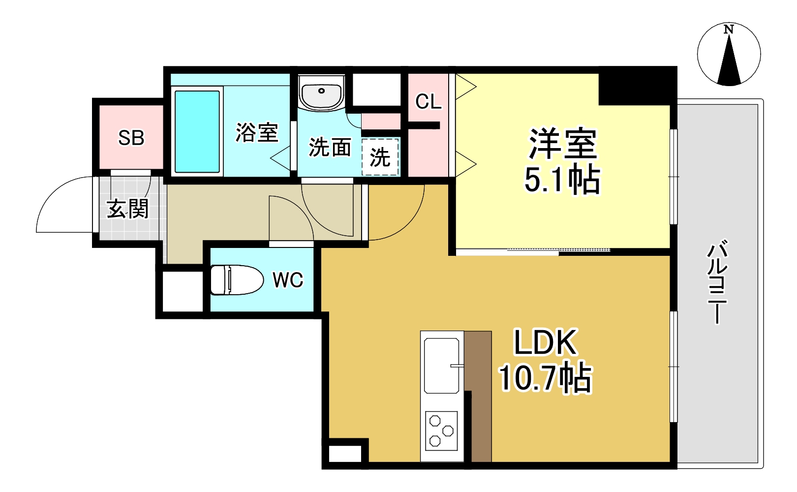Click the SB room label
[x=131, y=138]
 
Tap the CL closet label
[x=428, y=102]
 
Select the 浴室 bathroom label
[x=257, y=132]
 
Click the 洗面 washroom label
[x=330, y=147]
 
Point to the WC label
[x=288, y=280]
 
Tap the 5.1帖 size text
[x=562, y=180]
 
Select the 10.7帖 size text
[x=545, y=378]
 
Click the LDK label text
[x=545, y=342]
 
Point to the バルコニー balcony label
[x=717, y=281]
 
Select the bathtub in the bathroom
[x=197, y=131]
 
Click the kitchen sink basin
[x=441, y=365]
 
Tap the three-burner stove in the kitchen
[x=441, y=430]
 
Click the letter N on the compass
[x=729, y=30]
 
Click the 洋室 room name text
[x=562, y=144]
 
